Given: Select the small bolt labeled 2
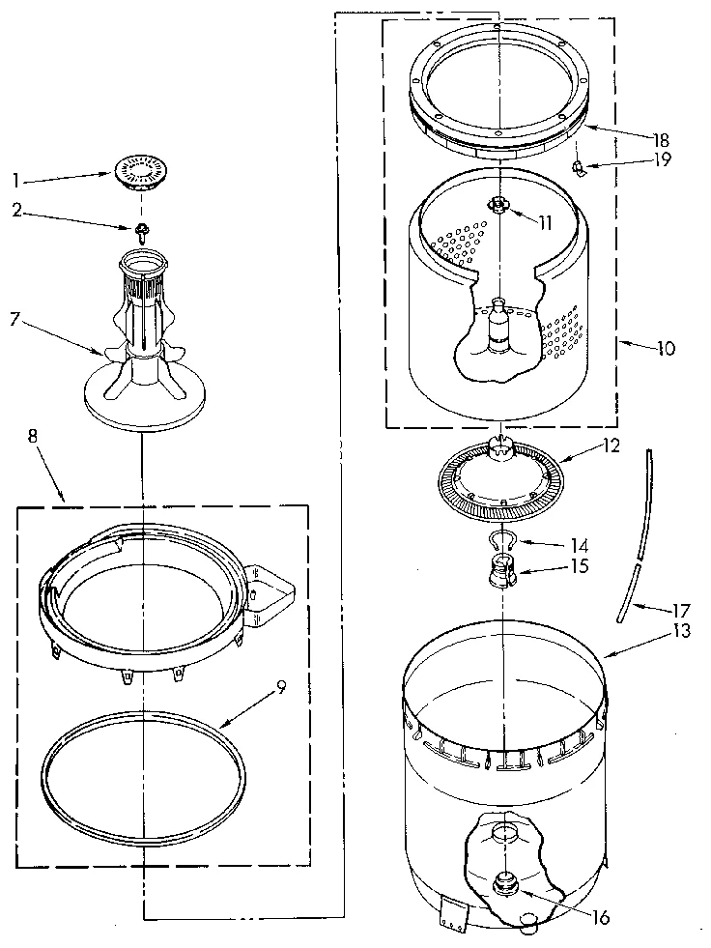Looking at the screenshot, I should pos(141,231).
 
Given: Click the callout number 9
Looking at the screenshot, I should pos(280,687).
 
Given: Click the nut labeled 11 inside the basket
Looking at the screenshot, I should pos(498,204).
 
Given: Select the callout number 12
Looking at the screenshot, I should pos(611,447).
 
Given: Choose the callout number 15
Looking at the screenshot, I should pos(580,565).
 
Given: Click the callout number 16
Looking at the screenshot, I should pos(600,917).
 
